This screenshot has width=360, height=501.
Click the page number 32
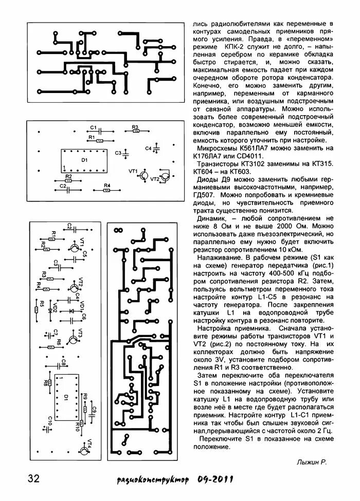pyautogui.click(x=34, y=478)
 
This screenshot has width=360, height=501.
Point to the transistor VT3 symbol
pyautogui.click(x=75, y=337)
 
